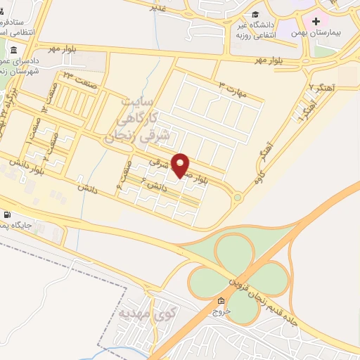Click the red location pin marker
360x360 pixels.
(x=181, y=165)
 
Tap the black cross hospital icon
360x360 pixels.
(x=316, y=22)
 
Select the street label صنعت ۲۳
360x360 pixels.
(x=77, y=75)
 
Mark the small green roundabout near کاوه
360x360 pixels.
(x=238, y=198)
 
